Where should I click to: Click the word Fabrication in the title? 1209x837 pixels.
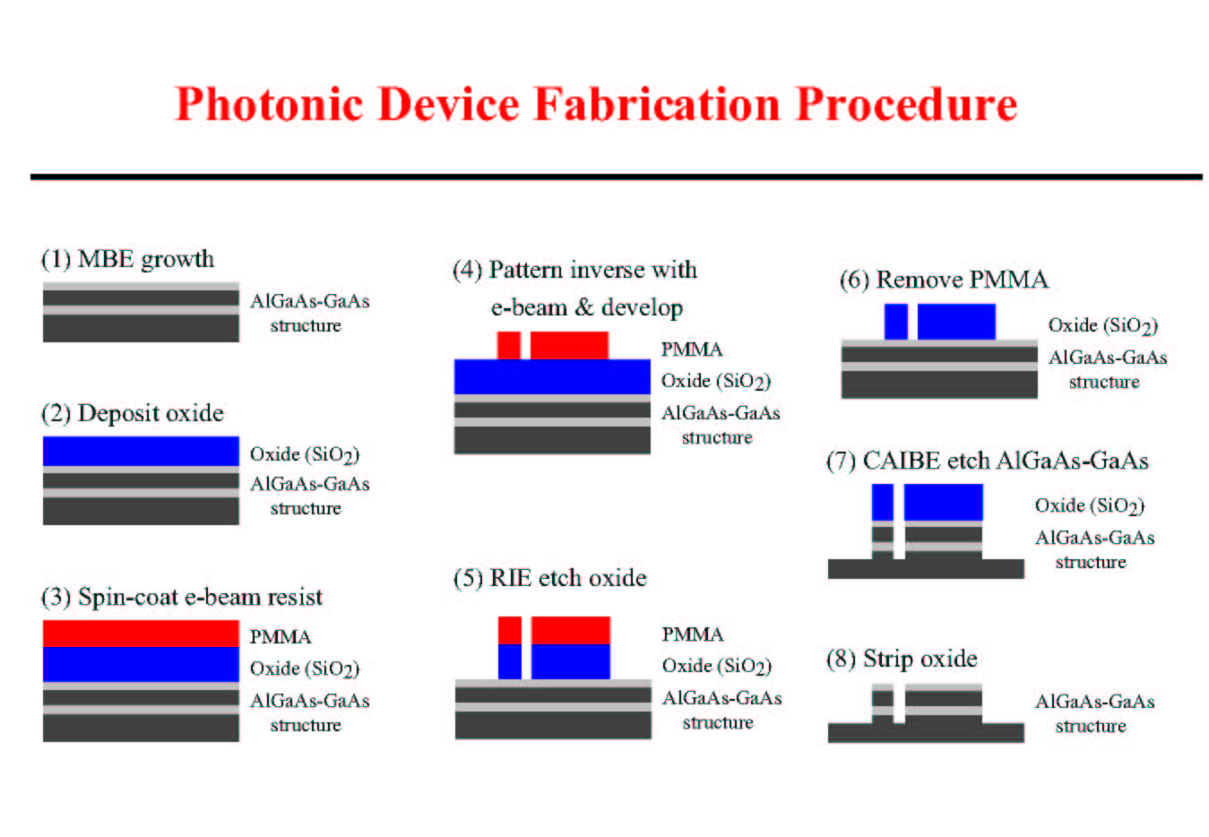pyautogui.click(x=658, y=104)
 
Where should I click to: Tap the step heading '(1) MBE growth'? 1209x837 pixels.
pyautogui.click(x=127, y=260)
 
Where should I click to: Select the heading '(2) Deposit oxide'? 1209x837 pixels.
pyautogui.click(x=133, y=413)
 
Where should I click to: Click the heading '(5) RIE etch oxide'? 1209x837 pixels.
pyautogui.click(x=549, y=579)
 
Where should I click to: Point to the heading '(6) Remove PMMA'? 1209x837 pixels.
pyautogui.click(x=944, y=280)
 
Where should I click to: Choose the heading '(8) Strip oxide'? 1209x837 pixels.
pyautogui.click(x=902, y=659)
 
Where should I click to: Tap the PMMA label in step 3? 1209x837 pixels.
pyautogui.click(x=281, y=637)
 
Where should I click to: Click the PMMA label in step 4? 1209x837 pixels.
pyautogui.click(x=692, y=349)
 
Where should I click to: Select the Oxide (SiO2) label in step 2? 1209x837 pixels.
pyautogui.click(x=305, y=454)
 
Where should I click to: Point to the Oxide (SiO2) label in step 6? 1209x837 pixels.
pyautogui.click(x=1103, y=325)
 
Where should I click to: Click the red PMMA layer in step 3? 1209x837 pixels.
pyautogui.click(x=141, y=634)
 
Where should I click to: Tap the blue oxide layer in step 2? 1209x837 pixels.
pyautogui.click(x=141, y=451)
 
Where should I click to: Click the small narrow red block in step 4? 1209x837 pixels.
pyautogui.click(x=509, y=345)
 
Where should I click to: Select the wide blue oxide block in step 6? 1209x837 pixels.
pyautogui.click(x=956, y=322)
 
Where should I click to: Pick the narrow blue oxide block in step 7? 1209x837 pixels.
pyautogui.click(x=883, y=502)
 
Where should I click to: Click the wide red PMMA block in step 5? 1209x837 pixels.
pyautogui.click(x=571, y=630)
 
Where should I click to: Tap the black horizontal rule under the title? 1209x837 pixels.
pyautogui.click(x=617, y=177)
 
